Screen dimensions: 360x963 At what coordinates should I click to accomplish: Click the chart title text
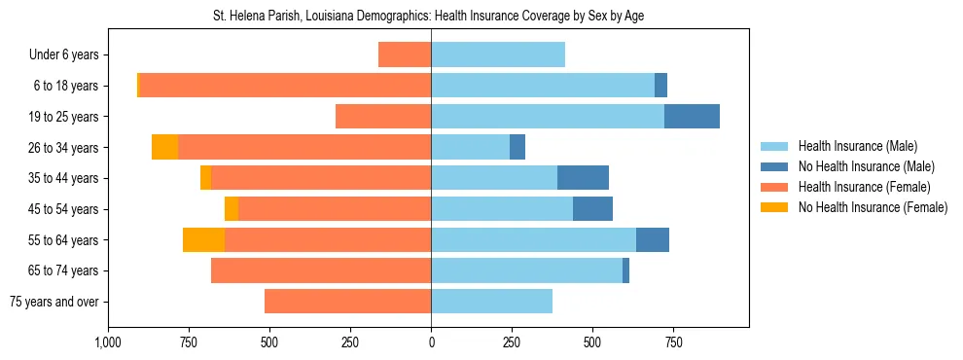[428, 17]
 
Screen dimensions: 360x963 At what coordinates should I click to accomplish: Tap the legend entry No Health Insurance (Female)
[873, 207]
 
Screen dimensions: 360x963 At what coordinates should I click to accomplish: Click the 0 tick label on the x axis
[431, 342]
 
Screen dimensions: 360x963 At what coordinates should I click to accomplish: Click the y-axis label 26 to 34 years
[64, 148]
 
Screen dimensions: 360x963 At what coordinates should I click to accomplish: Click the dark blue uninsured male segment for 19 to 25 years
[692, 117]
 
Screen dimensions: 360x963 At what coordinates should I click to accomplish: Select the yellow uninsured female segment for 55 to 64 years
[203, 240]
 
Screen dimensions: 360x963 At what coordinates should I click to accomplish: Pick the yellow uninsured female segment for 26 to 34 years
[164, 148]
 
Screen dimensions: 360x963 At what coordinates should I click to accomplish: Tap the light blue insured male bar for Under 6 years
[498, 55]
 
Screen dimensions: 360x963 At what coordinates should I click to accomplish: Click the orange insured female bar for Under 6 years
[405, 55]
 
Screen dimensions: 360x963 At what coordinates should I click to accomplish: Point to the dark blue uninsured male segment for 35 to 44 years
[583, 178]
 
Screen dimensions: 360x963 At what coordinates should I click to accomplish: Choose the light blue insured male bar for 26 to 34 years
[470, 148]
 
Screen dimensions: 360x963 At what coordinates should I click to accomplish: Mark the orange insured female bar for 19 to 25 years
[383, 117]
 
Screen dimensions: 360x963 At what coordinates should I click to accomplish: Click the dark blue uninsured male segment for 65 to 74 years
[625, 270]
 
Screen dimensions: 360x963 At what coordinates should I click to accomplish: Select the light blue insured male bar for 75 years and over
[491, 302]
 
